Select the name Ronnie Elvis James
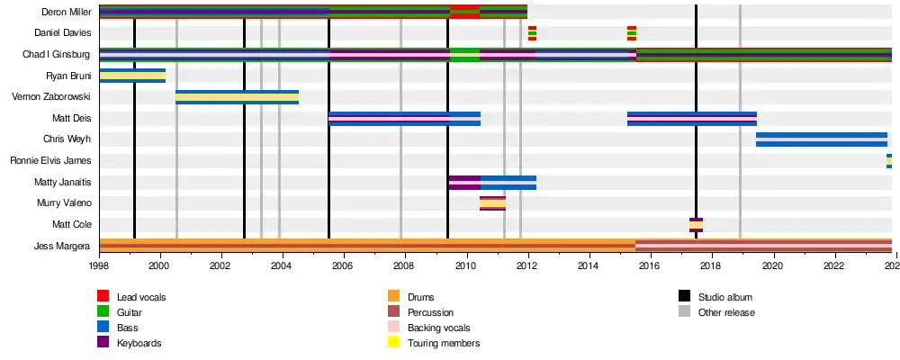point(50,161)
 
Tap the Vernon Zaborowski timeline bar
point(237,97)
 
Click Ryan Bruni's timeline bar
point(132,76)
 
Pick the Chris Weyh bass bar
point(821,139)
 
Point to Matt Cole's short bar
point(696,225)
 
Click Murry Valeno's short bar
point(492,203)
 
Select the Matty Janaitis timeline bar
point(492,183)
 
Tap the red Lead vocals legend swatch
point(103,297)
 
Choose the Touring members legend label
point(444,343)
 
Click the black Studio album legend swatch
point(684,297)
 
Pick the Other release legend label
point(726,312)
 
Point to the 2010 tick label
point(465,266)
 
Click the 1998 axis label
point(99,266)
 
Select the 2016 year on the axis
point(650,266)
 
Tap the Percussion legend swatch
point(393,312)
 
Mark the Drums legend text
point(421,297)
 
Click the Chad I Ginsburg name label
point(56,55)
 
